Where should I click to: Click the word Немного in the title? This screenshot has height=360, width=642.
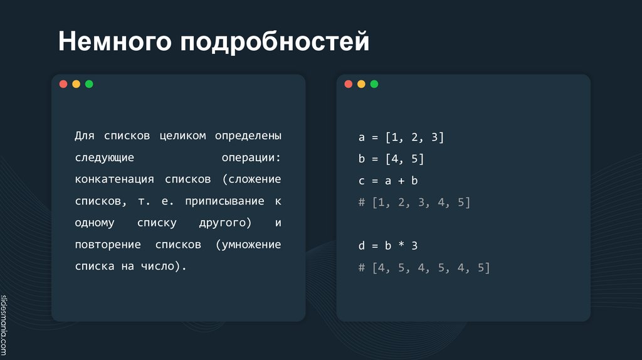(114, 42)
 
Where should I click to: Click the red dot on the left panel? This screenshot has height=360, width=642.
(63, 84)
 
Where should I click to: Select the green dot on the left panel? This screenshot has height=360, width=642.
(89, 84)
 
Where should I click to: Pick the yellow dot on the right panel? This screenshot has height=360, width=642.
(361, 84)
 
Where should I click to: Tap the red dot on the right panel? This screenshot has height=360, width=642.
(348, 84)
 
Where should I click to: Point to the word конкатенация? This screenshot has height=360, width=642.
(114, 179)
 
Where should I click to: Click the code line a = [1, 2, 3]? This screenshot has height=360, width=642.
(401, 137)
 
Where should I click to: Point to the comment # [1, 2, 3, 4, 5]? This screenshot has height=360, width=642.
(414, 202)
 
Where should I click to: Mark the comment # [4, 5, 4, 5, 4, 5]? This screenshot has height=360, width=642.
(424, 268)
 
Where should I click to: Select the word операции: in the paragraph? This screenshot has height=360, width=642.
(251, 157)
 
